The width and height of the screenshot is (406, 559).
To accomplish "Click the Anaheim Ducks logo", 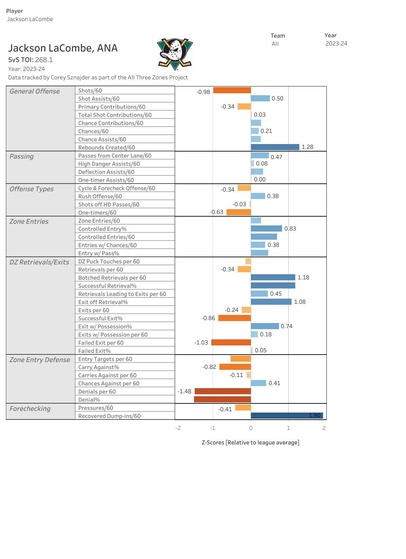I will pos(175,54).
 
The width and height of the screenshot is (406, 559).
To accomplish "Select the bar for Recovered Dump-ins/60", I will pos(287,416).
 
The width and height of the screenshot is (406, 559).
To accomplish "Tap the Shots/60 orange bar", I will pos(232,90).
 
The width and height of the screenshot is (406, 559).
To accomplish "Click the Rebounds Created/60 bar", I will pos(275,147).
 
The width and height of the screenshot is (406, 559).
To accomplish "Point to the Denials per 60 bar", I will pos(223,391).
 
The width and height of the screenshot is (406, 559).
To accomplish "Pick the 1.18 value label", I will pos(303,277).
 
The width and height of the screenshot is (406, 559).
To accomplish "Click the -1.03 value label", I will pos(201,342).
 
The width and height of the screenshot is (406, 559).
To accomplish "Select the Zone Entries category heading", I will pos(29,221).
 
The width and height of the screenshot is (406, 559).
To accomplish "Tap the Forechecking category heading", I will pos(30,408).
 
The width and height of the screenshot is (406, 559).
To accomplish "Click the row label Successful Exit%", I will pos(100,318).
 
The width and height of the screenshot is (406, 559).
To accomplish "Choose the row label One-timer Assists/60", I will pos(106,180).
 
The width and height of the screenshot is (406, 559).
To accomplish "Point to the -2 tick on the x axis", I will pos(178,428).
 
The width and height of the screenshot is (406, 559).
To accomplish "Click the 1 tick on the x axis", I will pos(289,428).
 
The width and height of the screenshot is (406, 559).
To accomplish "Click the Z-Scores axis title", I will pos(250,442).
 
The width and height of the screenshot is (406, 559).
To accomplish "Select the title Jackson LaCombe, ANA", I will pos(63,48).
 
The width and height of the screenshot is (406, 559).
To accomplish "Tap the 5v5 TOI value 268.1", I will pos(44,60).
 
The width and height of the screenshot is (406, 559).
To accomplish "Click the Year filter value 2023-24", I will pos(336,43).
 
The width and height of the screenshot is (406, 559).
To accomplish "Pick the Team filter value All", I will pos(275,44).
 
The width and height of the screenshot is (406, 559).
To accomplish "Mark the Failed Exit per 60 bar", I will pos(231,342).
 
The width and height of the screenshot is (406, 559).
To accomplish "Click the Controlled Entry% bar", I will pos(266,228).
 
